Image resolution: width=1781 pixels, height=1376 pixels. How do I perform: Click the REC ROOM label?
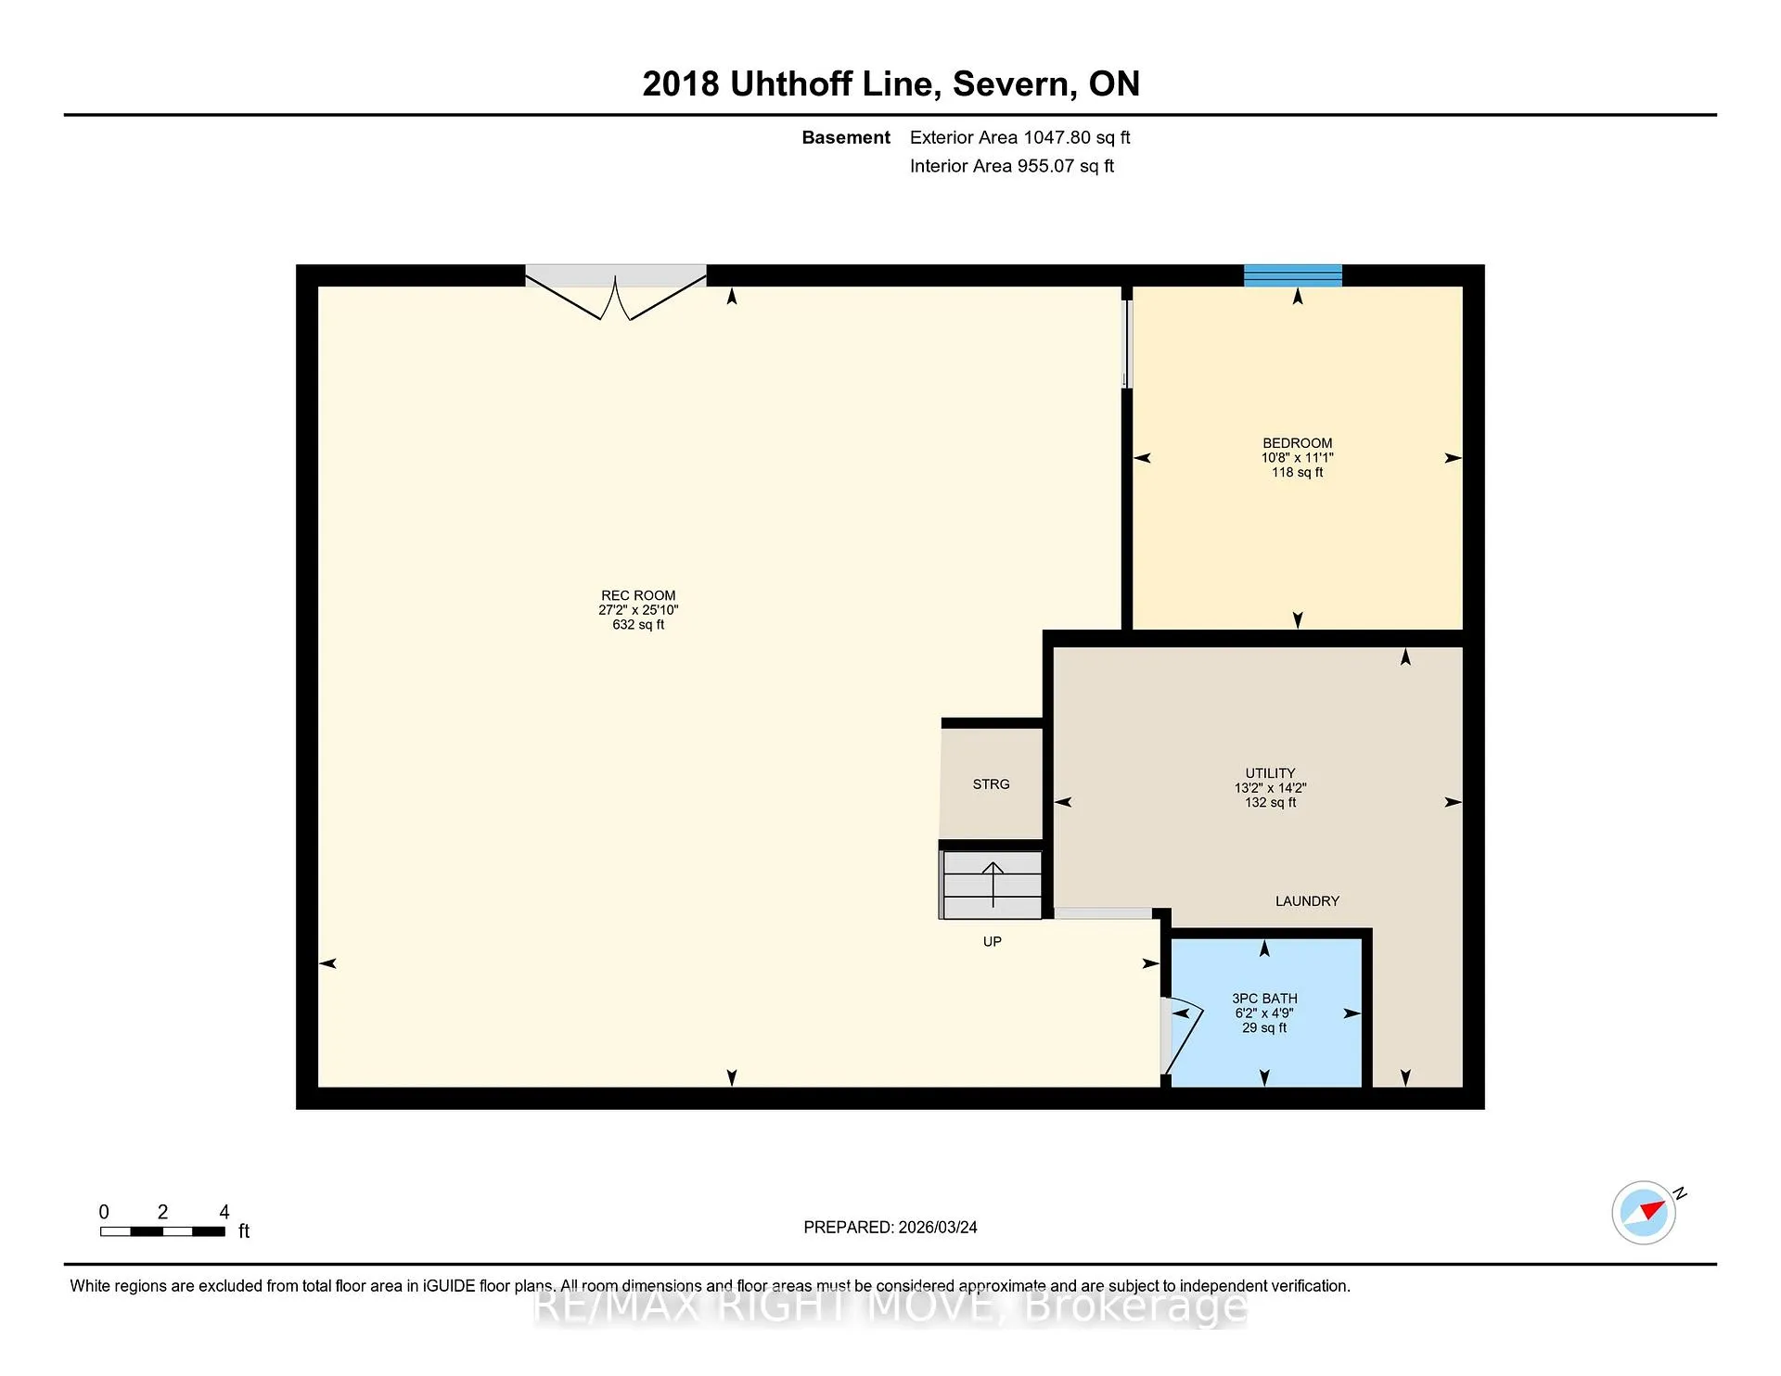click(638, 596)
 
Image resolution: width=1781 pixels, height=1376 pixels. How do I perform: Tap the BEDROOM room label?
click(1297, 443)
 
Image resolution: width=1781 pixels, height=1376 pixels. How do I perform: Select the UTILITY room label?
click(1270, 773)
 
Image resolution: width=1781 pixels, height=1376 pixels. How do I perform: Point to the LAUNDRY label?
click(1307, 901)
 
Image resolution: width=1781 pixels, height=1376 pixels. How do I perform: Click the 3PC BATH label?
click(1264, 999)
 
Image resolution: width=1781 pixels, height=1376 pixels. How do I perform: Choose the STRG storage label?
click(991, 784)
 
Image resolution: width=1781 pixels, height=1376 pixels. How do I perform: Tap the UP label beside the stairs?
click(992, 942)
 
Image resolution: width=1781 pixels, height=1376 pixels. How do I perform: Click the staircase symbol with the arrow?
click(992, 885)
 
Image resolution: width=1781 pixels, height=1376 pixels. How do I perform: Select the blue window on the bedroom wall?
click(1293, 275)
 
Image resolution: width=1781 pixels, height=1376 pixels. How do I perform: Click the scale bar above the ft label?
click(162, 1231)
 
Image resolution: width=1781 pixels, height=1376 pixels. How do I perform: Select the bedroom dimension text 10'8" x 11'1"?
click(1297, 458)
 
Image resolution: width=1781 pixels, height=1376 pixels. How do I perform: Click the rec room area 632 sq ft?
click(638, 625)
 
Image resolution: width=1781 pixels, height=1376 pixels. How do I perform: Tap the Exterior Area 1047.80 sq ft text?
click(1019, 138)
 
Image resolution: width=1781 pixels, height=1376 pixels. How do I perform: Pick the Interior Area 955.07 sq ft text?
click(1011, 166)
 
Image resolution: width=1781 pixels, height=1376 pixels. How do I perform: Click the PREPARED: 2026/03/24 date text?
click(890, 1228)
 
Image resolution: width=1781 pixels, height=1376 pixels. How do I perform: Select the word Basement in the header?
click(846, 138)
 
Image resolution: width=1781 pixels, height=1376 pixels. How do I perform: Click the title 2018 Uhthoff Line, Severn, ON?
click(890, 84)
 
